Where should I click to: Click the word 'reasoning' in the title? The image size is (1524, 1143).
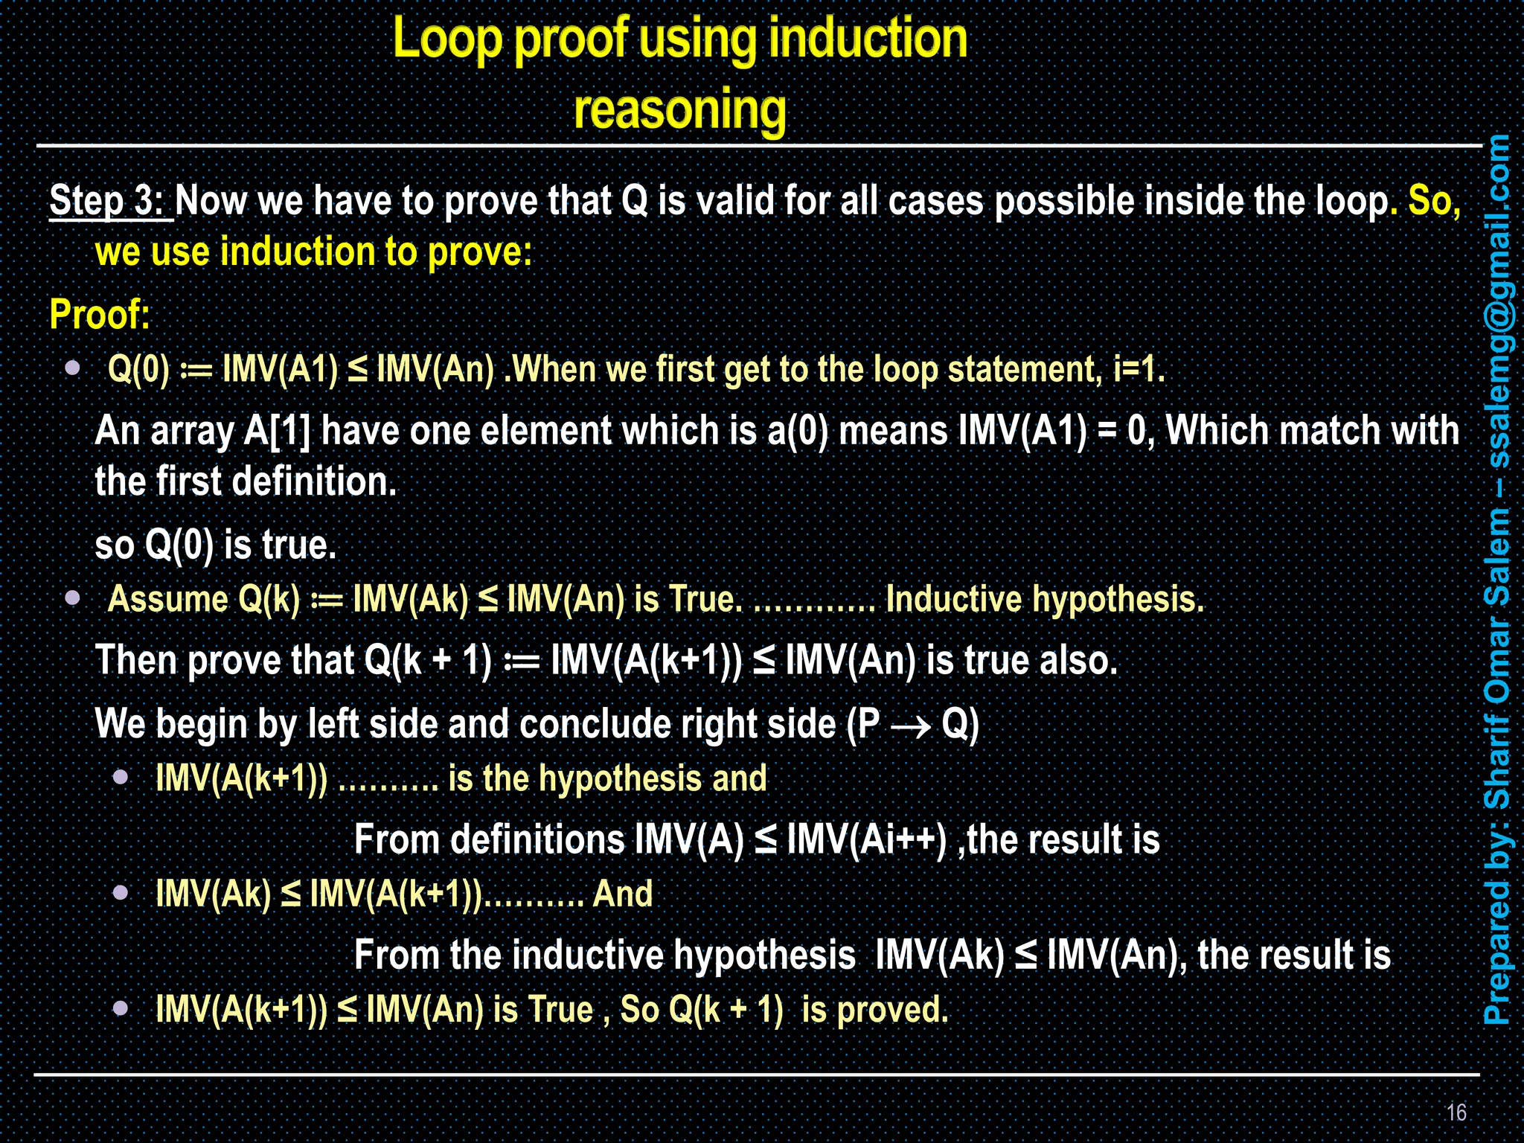pyautogui.click(x=679, y=109)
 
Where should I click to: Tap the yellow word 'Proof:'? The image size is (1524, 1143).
pyautogui.click(x=100, y=314)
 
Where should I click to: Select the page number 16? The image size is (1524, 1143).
pyautogui.click(x=1456, y=1112)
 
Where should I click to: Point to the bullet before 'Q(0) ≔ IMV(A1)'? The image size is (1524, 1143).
pyautogui.click(x=73, y=368)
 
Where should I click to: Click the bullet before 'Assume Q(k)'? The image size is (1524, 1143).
pyautogui.click(x=73, y=598)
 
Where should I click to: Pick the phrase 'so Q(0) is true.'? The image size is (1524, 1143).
pyautogui.click(x=216, y=545)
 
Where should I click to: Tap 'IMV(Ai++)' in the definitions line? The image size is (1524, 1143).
pyautogui.click(x=866, y=840)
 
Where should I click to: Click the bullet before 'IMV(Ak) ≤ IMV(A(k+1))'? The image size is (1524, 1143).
pyautogui.click(x=121, y=892)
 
